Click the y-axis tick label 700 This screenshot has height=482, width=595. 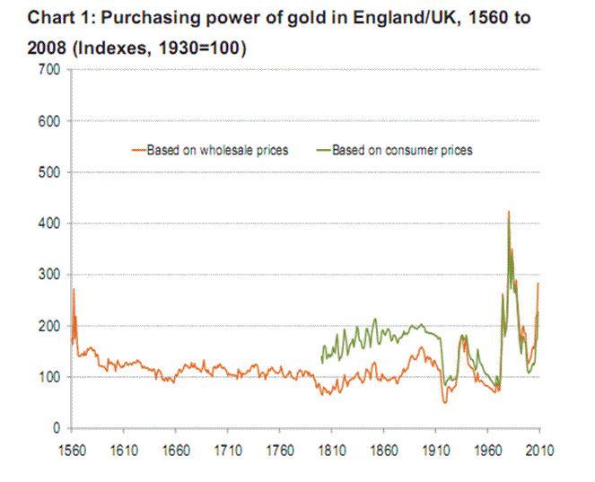pyautogui.click(x=48, y=70)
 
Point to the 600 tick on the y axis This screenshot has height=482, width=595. pyautogui.click(x=48, y=121)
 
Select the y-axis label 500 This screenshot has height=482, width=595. pyautogui.click(x=48, y=172)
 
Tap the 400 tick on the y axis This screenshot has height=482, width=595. pyautogui.click(x=48, y=223)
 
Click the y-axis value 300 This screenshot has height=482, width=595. pyautogui.click(x=48, y=275)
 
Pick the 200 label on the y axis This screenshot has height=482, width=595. pyautogui.click(x=48, y=326)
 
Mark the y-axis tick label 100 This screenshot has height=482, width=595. pyautogui.click(x=48, y=377)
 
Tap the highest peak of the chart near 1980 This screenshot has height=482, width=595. pyautogui.click(x=509, y=213)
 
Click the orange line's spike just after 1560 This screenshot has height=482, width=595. pyautogui.click(x=74, y=290)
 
